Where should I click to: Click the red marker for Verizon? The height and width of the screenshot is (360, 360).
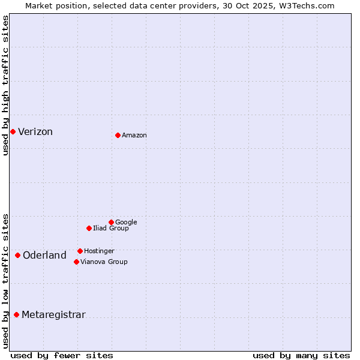[13, 131]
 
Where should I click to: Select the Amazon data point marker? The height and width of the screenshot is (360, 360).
[118, 135]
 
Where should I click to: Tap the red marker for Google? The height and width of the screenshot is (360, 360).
[111, 222]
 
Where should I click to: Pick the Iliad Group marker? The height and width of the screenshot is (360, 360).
[89, 228]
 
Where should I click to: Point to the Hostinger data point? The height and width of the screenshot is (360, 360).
[80, 251]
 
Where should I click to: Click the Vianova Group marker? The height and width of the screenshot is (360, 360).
[76, 262]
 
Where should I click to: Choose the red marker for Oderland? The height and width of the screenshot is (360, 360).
[17, 255]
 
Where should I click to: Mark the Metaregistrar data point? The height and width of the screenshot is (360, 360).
[16, 314]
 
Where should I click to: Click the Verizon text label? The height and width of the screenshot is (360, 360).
[35, 132]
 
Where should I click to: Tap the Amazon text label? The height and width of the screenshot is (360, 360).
[134, 136]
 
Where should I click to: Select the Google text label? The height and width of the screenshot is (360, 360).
[126, 223]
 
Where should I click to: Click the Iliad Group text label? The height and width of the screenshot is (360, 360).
[111, 229]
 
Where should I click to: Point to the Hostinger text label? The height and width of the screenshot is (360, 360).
[99, 251]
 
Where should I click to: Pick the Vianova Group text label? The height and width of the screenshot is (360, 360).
[104, 262]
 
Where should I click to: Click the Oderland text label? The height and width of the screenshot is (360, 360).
[44, 256]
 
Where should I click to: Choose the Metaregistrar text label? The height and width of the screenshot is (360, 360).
[53, 315]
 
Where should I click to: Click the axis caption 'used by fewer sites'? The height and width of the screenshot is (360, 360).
[62, 355]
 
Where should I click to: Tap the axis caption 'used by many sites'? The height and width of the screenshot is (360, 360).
[301, 355]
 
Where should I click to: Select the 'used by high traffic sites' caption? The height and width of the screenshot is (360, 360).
[5, 85]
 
